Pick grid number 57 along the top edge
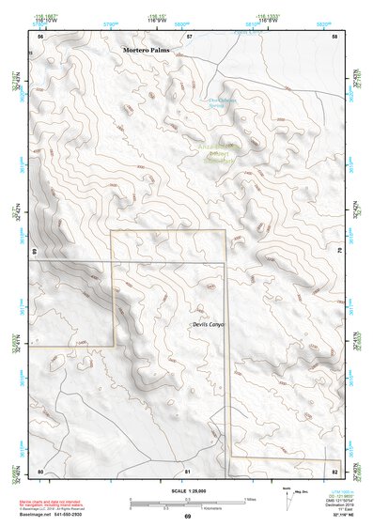click(189, 37)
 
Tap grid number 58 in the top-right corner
click(335, 37)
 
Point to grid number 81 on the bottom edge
click(188, 470)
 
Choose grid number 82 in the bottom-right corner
click(334, 470)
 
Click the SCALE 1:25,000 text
click(187, 493)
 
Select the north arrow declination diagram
click(288, 499)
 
